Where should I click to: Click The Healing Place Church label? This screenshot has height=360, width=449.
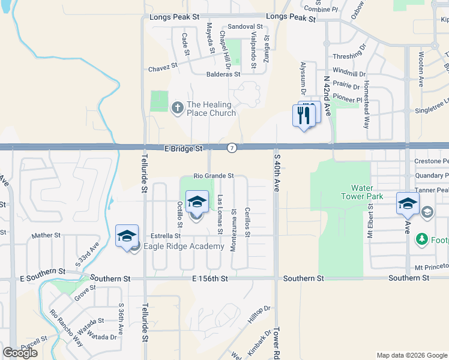click(x=209, y=108)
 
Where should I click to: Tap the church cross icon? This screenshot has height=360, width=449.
click(x=177, y=108)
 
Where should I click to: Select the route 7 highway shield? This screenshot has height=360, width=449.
click(x=232, y=148)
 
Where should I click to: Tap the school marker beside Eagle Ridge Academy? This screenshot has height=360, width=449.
click(x=127, y=236)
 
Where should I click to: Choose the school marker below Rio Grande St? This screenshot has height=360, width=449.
click(x=196, y=202)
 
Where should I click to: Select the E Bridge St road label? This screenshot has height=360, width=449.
click(x=184, y=148)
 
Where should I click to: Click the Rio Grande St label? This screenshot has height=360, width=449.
click(x=213, y=176)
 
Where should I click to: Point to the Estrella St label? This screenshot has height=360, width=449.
click(x=166, y=236)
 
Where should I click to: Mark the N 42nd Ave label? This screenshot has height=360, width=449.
click(x=327, y=96)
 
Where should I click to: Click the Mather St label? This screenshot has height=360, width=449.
click(x=43, y=236)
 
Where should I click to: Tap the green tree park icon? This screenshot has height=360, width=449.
click(x=422, y=239)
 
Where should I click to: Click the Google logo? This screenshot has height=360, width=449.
click(x=20, y=353)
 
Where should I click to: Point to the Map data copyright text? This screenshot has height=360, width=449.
click(x=412, y=355)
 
